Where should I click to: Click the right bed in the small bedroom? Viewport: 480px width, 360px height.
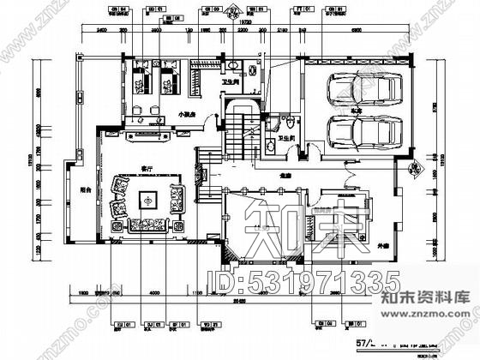166,78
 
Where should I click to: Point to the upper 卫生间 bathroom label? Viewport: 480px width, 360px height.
230,83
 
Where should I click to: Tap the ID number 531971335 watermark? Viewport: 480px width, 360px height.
305,281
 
